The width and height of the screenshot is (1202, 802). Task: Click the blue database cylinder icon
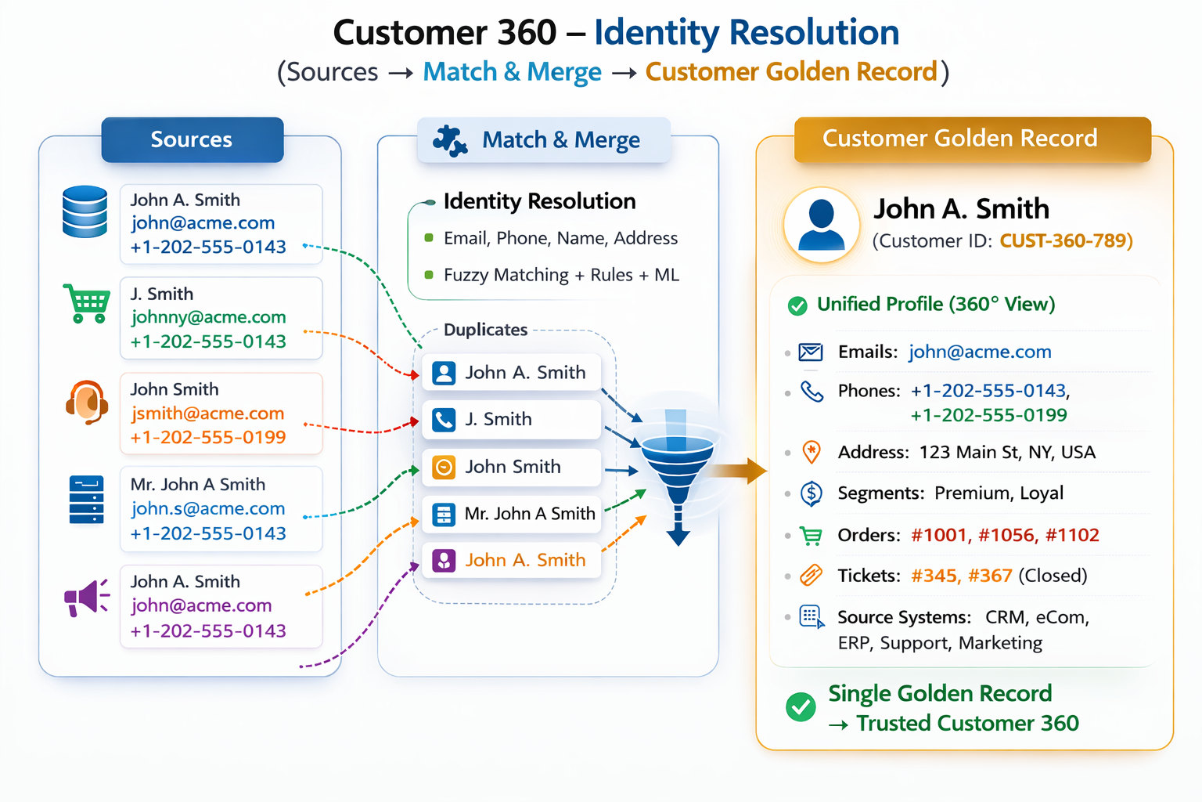[85, 211]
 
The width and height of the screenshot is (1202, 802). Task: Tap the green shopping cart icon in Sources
[87, 304]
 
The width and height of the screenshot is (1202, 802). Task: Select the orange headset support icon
[87, 403]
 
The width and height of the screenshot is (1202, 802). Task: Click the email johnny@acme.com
[208, 317]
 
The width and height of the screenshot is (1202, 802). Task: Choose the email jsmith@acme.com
[207, 414]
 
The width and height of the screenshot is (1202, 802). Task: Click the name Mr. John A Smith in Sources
[198, 485]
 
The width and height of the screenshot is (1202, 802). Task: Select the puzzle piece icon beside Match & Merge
[450, 141]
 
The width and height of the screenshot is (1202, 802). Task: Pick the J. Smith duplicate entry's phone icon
[444, 420]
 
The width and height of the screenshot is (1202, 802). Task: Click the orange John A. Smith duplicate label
[525, 561]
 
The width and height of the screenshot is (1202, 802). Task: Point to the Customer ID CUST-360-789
[1066, 240]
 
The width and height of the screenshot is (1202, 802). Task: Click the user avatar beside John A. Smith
[822, 225]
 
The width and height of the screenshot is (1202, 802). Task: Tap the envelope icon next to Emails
[810, 352]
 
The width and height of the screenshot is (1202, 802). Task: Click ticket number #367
[990, 576]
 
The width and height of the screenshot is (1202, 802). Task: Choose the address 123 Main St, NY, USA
[1006, 453]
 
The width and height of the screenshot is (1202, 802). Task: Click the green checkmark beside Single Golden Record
[801, 707]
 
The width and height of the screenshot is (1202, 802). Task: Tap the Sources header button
[192, 140]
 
